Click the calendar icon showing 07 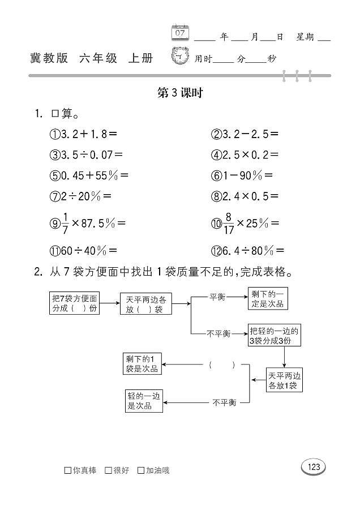pyautogui.click(x=180, y=33)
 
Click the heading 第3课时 pyautogui.click(x=179, y=93)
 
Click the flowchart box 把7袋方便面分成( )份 pyautogui.click(x=75, y=304)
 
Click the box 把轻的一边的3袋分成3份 pyautogui.click(x=274, y=335)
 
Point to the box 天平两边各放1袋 pyautogui.click(x=284, y=380)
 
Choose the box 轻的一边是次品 pyautogui.click(x=144, y=401)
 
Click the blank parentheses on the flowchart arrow pyautogui.click(x=222, y=365)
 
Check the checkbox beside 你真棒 pyautogui.click(x=68, y=470)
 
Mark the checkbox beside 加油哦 pyautogui.click(x=141, y=470)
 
